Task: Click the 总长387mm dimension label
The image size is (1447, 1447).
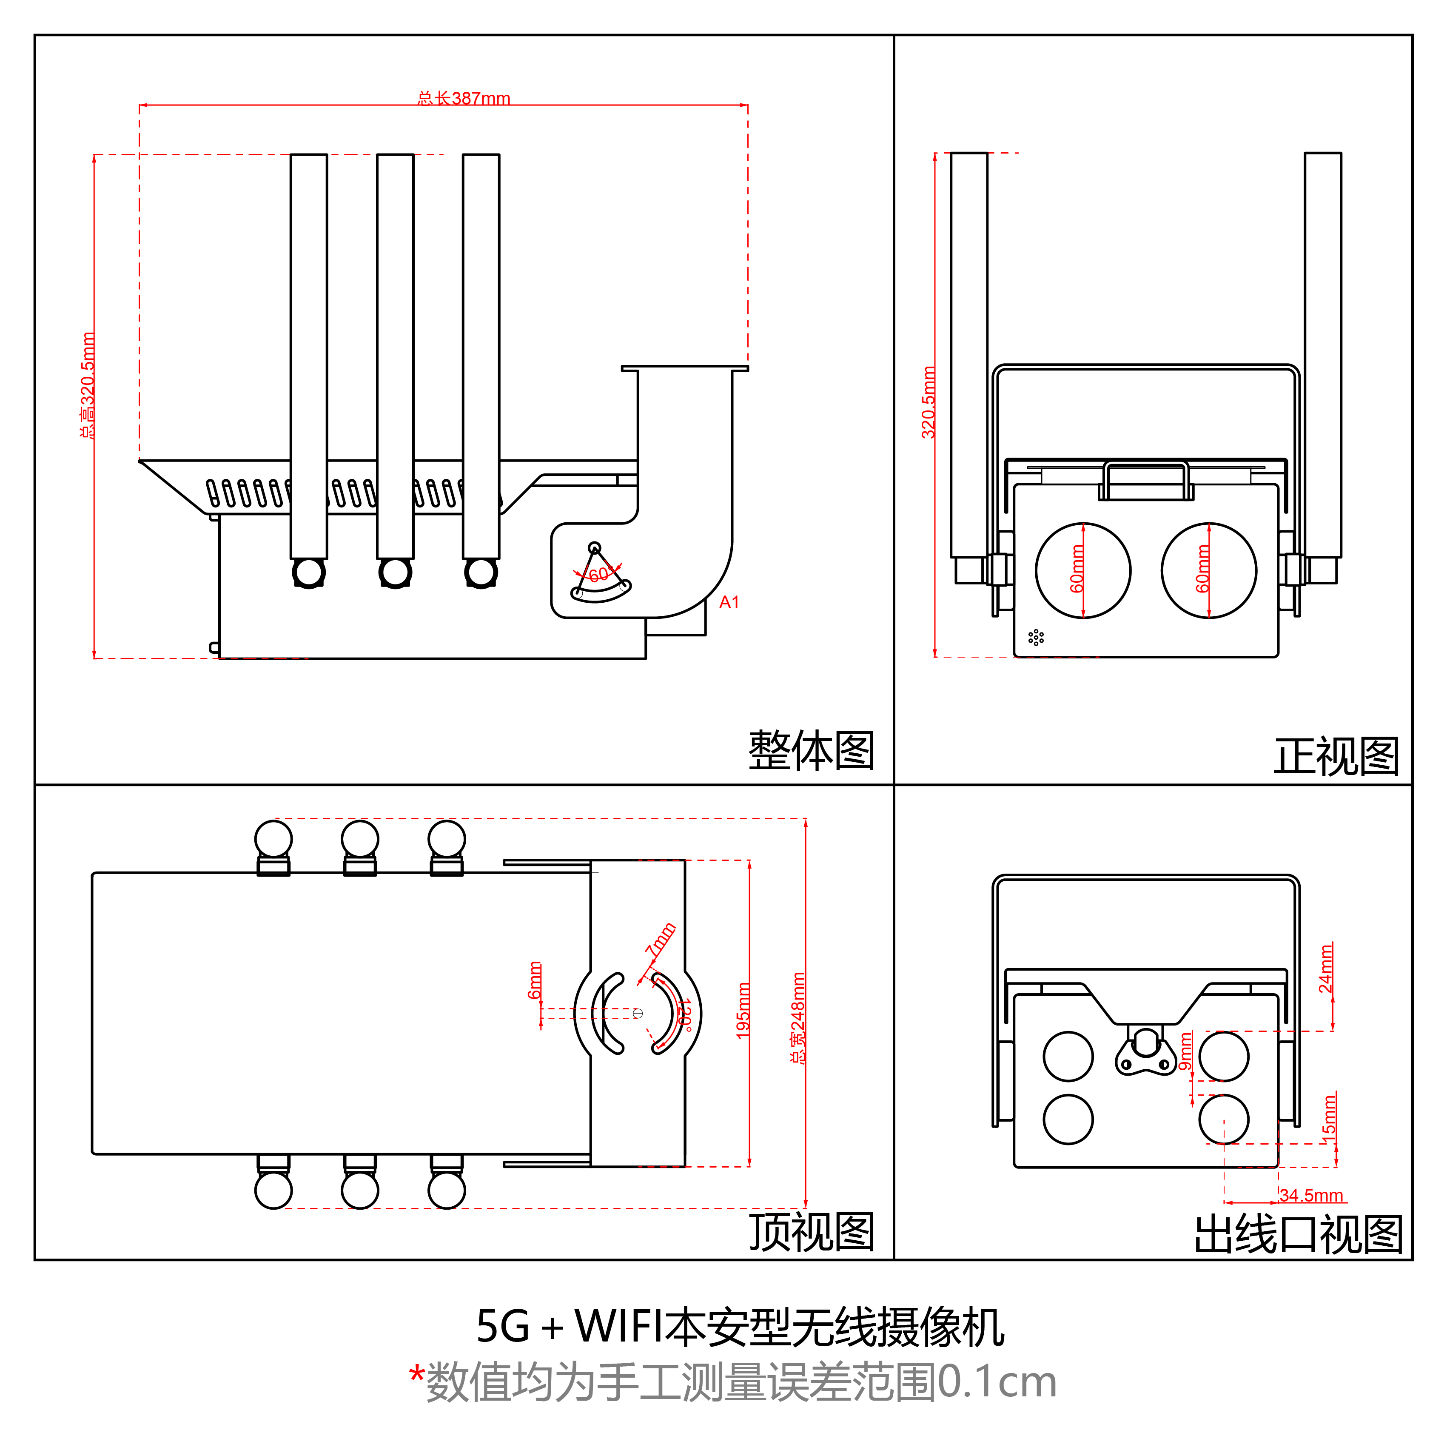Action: [464, 98]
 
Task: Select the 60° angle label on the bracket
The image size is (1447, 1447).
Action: [598, 575]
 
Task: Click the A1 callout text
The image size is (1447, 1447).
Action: [729, 602]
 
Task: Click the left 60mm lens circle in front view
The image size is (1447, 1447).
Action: [1083, 571]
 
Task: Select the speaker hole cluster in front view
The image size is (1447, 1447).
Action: [1036, 637]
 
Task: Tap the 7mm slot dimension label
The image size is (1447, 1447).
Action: [661, 940]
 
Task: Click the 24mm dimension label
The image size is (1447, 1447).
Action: [1326, 969]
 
